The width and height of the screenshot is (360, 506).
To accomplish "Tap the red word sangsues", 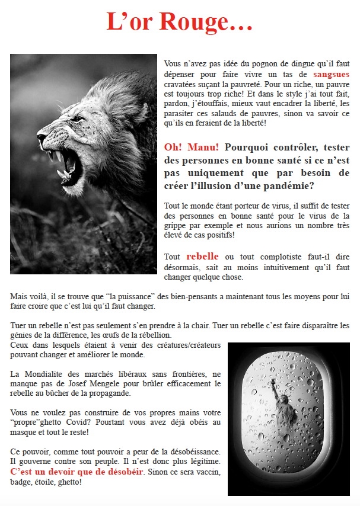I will coord(332,75).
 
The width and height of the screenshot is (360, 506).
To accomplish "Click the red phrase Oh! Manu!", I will coord(192,147).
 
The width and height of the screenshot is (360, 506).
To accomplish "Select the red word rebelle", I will coord(202,257).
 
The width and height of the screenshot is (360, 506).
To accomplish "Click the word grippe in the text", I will coord(176,226).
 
